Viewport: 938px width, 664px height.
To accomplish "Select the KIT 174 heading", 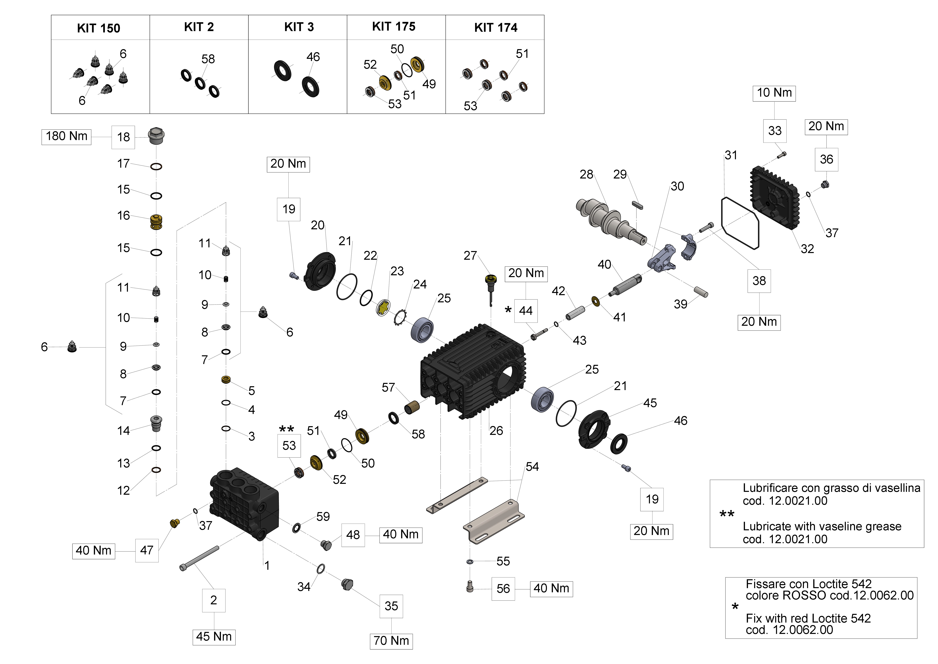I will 496,27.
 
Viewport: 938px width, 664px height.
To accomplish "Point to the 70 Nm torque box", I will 391,641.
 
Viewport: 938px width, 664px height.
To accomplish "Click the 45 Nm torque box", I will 214,637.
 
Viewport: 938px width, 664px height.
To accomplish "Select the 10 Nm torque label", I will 774,93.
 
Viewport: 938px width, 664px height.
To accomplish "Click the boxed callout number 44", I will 526,311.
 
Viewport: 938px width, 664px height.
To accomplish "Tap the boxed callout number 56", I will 503,589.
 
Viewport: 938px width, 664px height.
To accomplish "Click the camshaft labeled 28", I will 609,221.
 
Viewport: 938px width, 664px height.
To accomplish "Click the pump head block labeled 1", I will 243,503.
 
